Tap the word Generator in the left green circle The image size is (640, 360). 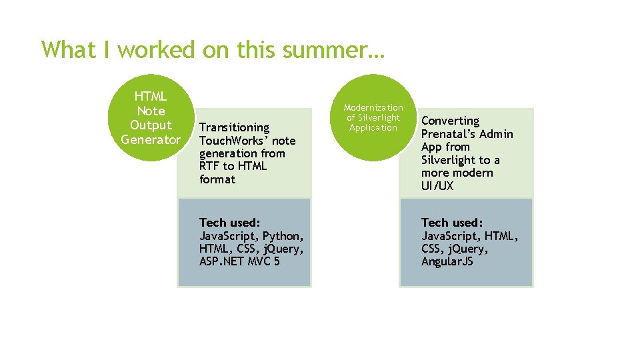coord(151,139)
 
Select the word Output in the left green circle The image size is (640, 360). coord(151,125)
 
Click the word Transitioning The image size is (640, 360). coord(234,127)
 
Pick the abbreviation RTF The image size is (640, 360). coord(211,167)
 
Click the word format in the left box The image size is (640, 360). coord(217,179)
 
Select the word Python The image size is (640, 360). coord(283,236)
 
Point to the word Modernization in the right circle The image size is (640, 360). coord(373,107)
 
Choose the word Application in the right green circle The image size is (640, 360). coord(373,127)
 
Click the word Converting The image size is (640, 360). coord(450,121)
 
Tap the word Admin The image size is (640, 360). coord(497,134)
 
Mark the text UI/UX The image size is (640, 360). coord(437,186)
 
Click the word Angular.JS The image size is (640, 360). coord(447,261)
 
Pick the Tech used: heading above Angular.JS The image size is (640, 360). coord(452,223)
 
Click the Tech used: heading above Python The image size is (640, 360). coord(230,223)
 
